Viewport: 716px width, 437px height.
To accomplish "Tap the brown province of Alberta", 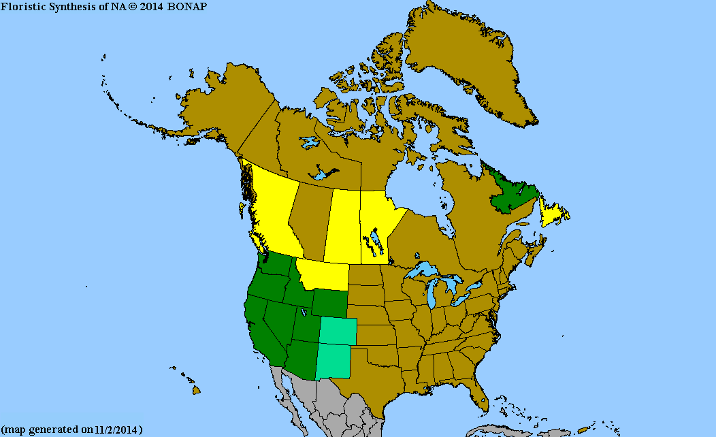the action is (310, 218).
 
